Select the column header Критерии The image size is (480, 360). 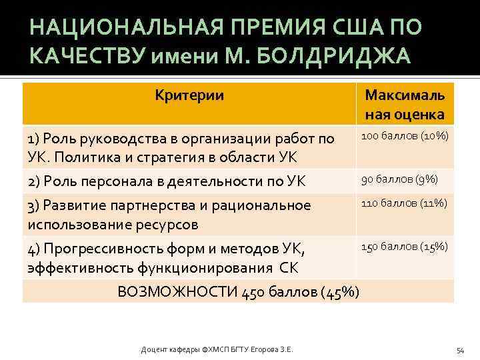pyautogui.click(x=189, y=95)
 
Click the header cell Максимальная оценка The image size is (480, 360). pyautogui.click(x=404, y=105)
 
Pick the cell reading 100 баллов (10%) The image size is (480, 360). pyautogui.click(x=404, y=137)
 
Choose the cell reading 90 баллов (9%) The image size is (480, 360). pyautogui.click(x=399, y=179)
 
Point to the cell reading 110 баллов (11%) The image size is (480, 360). pyautogui.click(x=404, y=203)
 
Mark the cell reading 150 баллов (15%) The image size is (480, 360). pyautogui.click(x=404, y=247)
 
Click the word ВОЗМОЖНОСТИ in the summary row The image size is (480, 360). pyautogui.click(x=174, y=291)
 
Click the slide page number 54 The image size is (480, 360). pyautogui.click(x=459, y=349)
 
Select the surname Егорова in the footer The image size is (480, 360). pyautogui.click(x=267, y=349)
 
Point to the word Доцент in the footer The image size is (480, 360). pyautogui.click(x=154, y=349)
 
